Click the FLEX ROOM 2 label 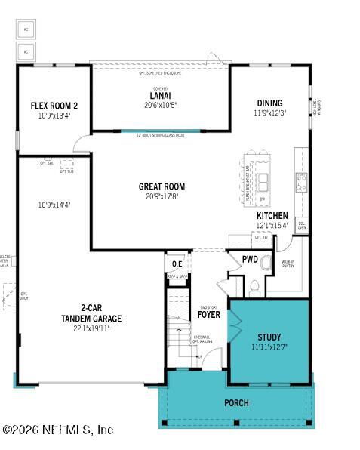click(x=54, y=106)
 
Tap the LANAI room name click(x=159, y=95)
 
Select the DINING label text click(x=269, y=103)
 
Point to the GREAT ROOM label click(x=162, y=186)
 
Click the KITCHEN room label click(x=272, y=216)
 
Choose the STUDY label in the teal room click(x=269, y=337)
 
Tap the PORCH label click(x=236, y=402)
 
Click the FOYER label click(x=209, y=314)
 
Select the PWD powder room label click(x=250, y=260)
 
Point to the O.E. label click(x=177, y=264)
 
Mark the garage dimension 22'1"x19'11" click(x=91, y=328)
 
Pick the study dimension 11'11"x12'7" click(x=269, y=347)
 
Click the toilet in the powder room click(x=254, y=286)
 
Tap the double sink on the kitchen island click(x=263, y=181)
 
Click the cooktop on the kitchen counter click(x=302, y=181)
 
